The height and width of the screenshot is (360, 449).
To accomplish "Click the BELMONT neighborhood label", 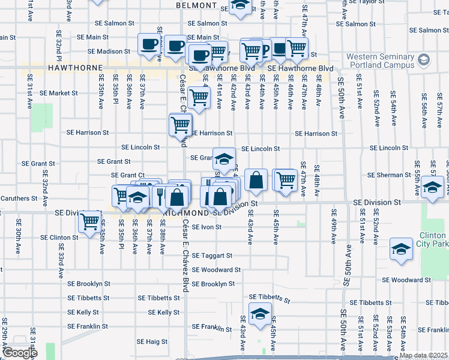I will (x=196, y=5).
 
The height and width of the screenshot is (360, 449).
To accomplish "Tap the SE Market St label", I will (x=59, y=93).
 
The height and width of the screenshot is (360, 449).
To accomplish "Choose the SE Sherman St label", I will (x=390, y=175).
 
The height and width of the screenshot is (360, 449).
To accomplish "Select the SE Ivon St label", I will (x=207, y=227).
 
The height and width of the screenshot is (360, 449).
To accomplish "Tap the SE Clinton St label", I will (x=59, y=238).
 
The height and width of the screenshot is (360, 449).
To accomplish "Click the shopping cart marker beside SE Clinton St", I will (x=90, y=221).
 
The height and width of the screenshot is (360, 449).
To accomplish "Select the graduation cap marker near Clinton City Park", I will (x=401, y=250).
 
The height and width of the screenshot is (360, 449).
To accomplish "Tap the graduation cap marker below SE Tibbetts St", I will (x=261, y=314).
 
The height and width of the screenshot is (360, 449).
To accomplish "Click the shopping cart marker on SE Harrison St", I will (x=181, y=125).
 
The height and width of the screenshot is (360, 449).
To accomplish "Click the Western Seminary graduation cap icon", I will (x=424, y=60).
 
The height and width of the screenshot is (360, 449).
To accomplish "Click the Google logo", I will (x=20, y=353).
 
